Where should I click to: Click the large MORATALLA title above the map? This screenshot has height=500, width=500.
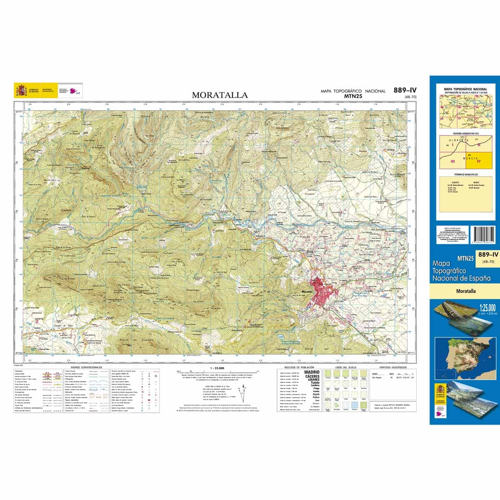click(220, 95)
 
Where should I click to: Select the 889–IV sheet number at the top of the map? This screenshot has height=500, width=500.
click(405, 90)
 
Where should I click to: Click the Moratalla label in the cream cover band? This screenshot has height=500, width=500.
click(465, 291)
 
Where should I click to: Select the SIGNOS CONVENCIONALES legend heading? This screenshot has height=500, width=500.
click(86, 367)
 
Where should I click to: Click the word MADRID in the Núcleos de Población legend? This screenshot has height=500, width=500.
click(312, 372)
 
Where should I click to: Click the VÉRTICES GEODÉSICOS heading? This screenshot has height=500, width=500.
click(393, 367)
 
